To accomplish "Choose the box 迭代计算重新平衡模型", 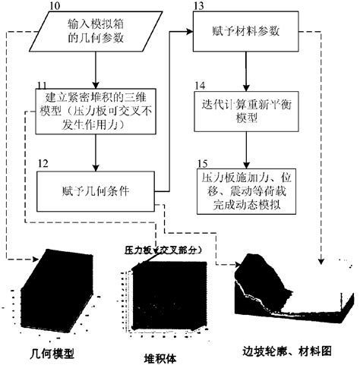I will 245,112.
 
